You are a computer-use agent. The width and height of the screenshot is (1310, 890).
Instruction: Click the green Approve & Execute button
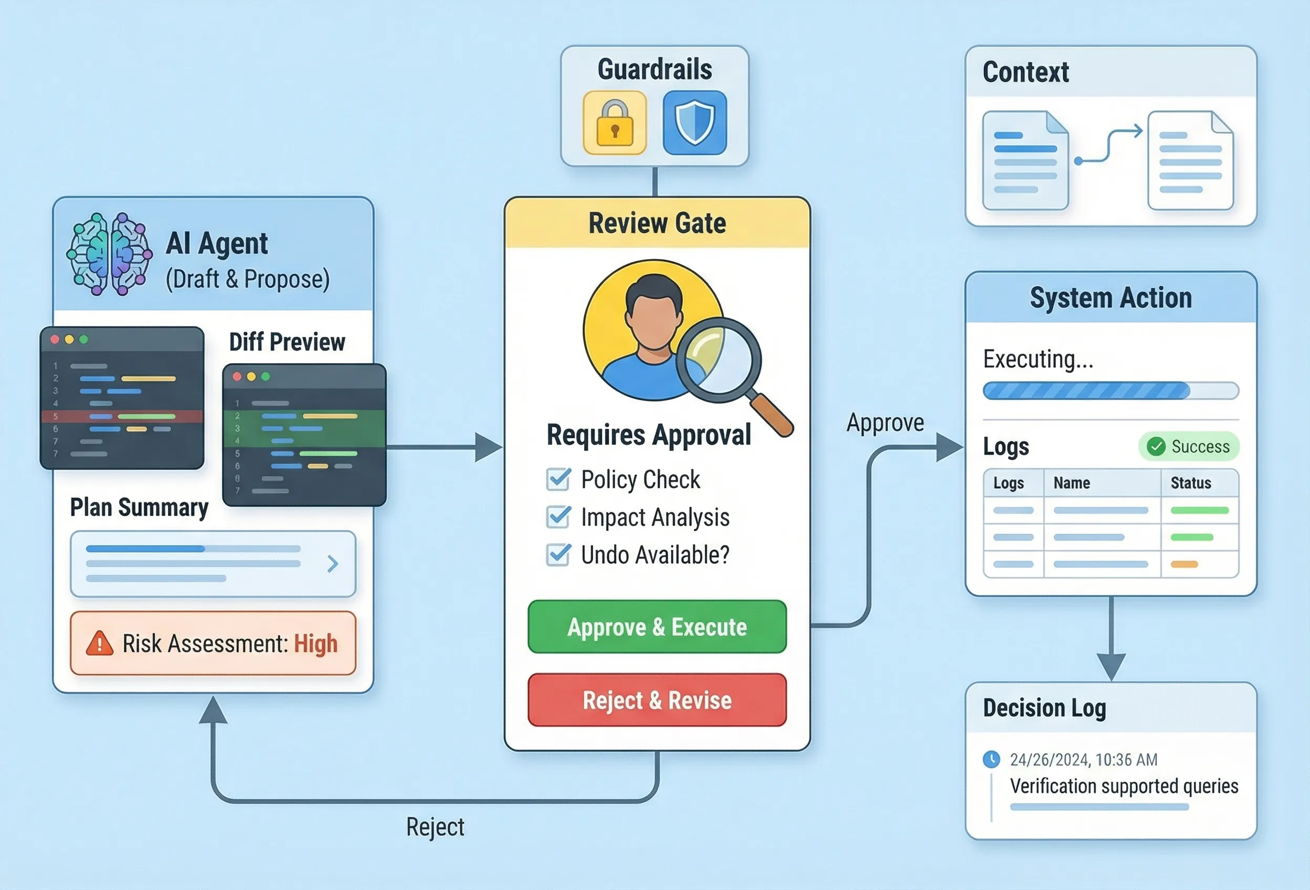pyautogui.click(x=657, y=627)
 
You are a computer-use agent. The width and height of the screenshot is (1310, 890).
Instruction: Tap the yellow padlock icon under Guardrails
pyautogui.click(x=615, y=123)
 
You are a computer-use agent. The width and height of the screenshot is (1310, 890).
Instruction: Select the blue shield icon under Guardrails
pyautogui.click(x=694, y=123)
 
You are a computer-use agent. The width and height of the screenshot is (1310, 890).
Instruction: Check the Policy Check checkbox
pyautogui.click(x=558, y=479)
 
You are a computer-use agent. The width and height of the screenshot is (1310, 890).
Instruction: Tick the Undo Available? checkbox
pyautogui.click(x=558, y=555)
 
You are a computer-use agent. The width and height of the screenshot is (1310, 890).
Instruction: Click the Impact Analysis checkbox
pyautogui.click(x=558, y=517)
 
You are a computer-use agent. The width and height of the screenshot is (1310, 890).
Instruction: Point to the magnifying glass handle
pyautogui.click(x=772, y=415)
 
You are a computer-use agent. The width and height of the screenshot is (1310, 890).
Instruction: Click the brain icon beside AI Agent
pyautogui.click(x=109, y=253)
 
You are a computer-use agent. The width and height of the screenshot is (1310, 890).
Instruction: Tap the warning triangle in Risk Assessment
pyautogui.click(x=100, y=643)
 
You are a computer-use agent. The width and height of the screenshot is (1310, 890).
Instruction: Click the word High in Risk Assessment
pyautogui.click(x=315, y=643)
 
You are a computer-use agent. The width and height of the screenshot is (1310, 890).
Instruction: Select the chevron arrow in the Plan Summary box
pyautogui.click(x=333, y=563)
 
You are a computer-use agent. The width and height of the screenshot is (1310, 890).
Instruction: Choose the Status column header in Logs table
pyautogui.click(x=1190, y=483)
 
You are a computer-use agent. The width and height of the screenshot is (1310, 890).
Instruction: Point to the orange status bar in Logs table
pyautogui.click(x=1184, y=564)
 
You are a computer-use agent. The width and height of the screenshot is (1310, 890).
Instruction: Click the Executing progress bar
pyautogui.click(x=1110, y=390)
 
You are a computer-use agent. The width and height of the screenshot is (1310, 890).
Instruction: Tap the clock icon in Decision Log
pyautogui.click(x=991, y=759)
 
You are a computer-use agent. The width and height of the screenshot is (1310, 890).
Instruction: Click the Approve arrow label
pyautogui.click(x=885, y=423)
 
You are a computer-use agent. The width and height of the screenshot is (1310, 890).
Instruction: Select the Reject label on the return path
pyautogui.click(x=435, y=827)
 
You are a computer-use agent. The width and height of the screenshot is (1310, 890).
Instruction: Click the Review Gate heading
pyautogui.click(x=657, y=223)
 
